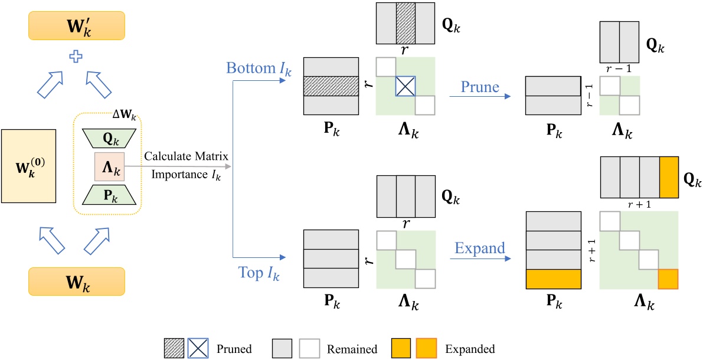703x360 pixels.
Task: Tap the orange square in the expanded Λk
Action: click(669, 279)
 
